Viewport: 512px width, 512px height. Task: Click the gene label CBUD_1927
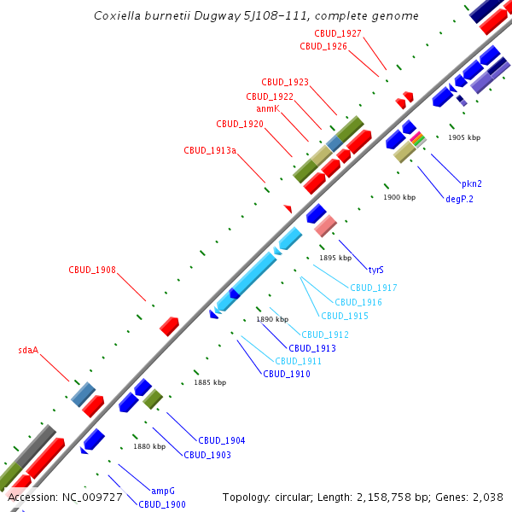point(338,33)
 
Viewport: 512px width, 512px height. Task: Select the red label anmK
point(268,109)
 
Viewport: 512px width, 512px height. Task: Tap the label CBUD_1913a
point(210,151)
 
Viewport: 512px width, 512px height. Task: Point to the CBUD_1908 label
point(92,271)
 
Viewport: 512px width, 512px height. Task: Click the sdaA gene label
point(28,351)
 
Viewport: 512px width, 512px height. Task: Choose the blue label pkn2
point(472,183)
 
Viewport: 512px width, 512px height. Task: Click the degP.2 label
point(459,199)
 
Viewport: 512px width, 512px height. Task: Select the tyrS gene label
point(375,270)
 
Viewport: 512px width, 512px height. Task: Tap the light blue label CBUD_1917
point(373,288)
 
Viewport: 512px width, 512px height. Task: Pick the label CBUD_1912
point(325,335)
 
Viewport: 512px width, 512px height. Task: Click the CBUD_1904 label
point(222,441)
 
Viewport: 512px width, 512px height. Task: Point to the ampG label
point(163,492)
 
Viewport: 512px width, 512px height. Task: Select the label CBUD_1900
point(162,504)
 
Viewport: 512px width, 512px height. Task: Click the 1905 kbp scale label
point(464,137)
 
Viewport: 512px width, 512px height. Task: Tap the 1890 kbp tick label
point(272,319)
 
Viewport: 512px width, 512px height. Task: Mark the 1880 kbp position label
point(148,446)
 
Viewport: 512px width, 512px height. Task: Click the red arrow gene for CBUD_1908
point(169,326)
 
